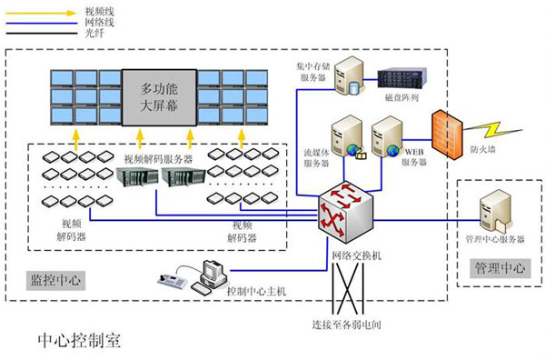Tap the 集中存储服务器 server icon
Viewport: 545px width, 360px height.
click(x=348, y=77)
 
